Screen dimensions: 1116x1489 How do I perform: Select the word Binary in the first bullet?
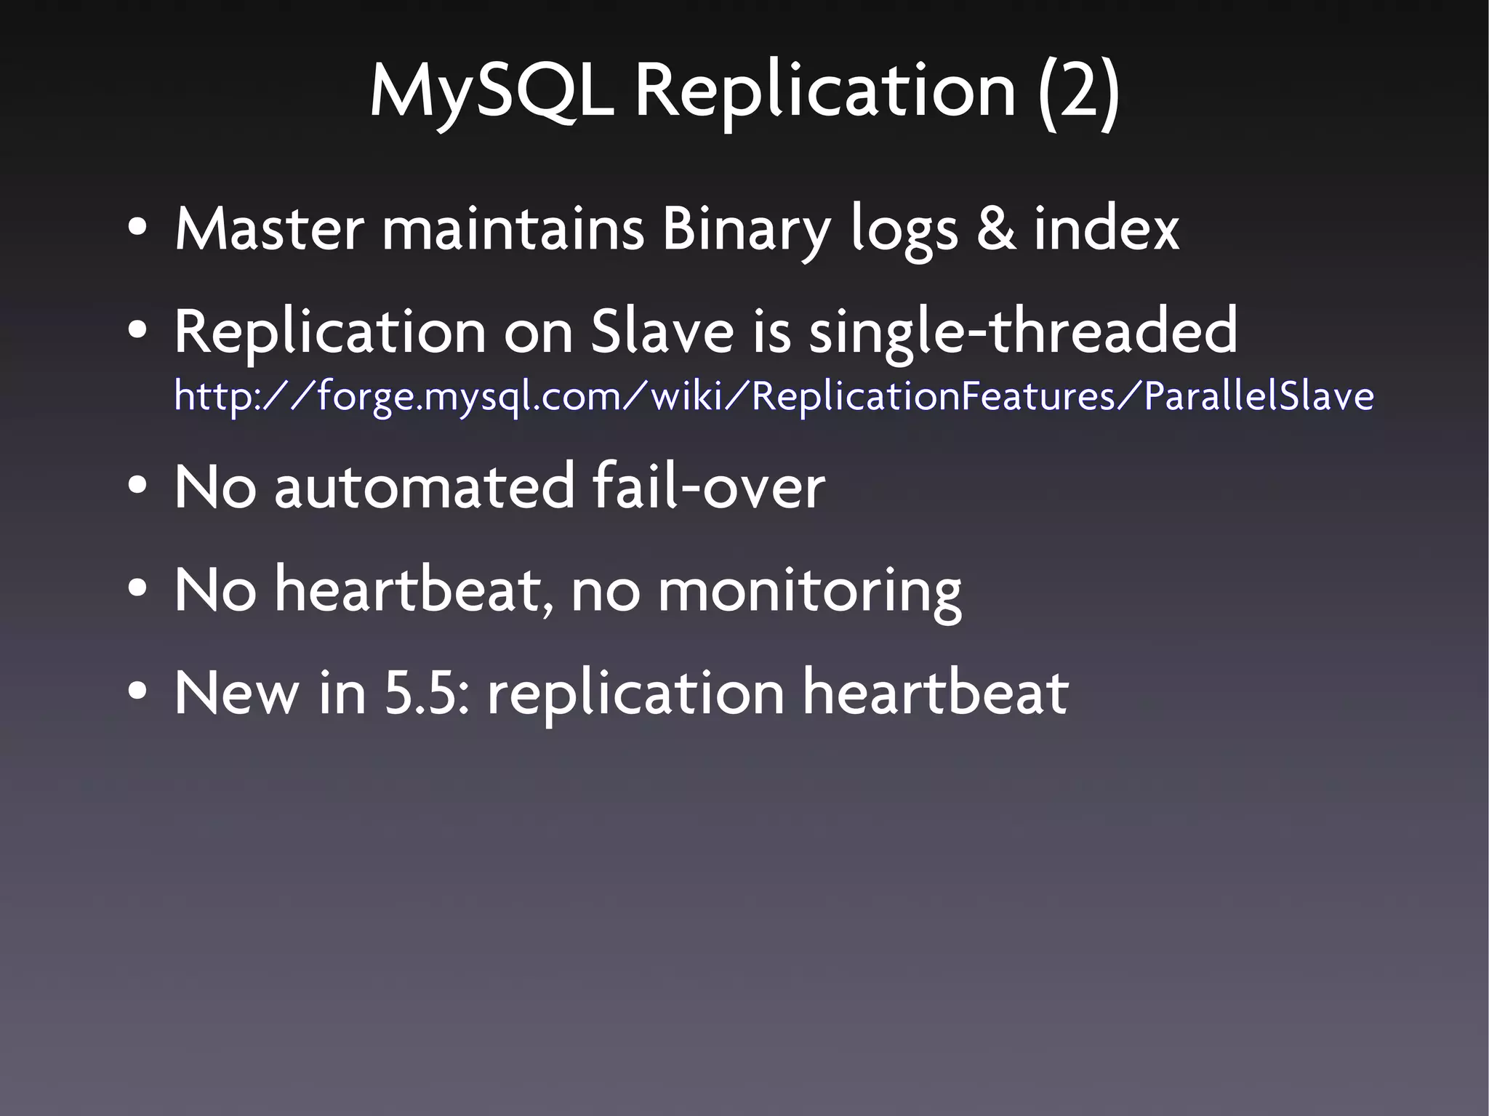click(746, 230)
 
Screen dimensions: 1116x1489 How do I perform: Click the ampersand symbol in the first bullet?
click(995, 228)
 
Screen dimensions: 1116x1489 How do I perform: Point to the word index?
click(1106, 228)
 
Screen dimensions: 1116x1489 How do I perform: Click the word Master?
click(269, 228)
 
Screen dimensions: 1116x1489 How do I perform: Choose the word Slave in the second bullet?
click(662, 331)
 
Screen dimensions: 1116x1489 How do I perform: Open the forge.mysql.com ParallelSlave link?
click(774, 396)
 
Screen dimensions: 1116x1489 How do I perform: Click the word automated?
click(425, 486)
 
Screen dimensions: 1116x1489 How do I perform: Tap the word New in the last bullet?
click(236, 693)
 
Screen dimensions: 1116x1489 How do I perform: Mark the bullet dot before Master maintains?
click(137, 230)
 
